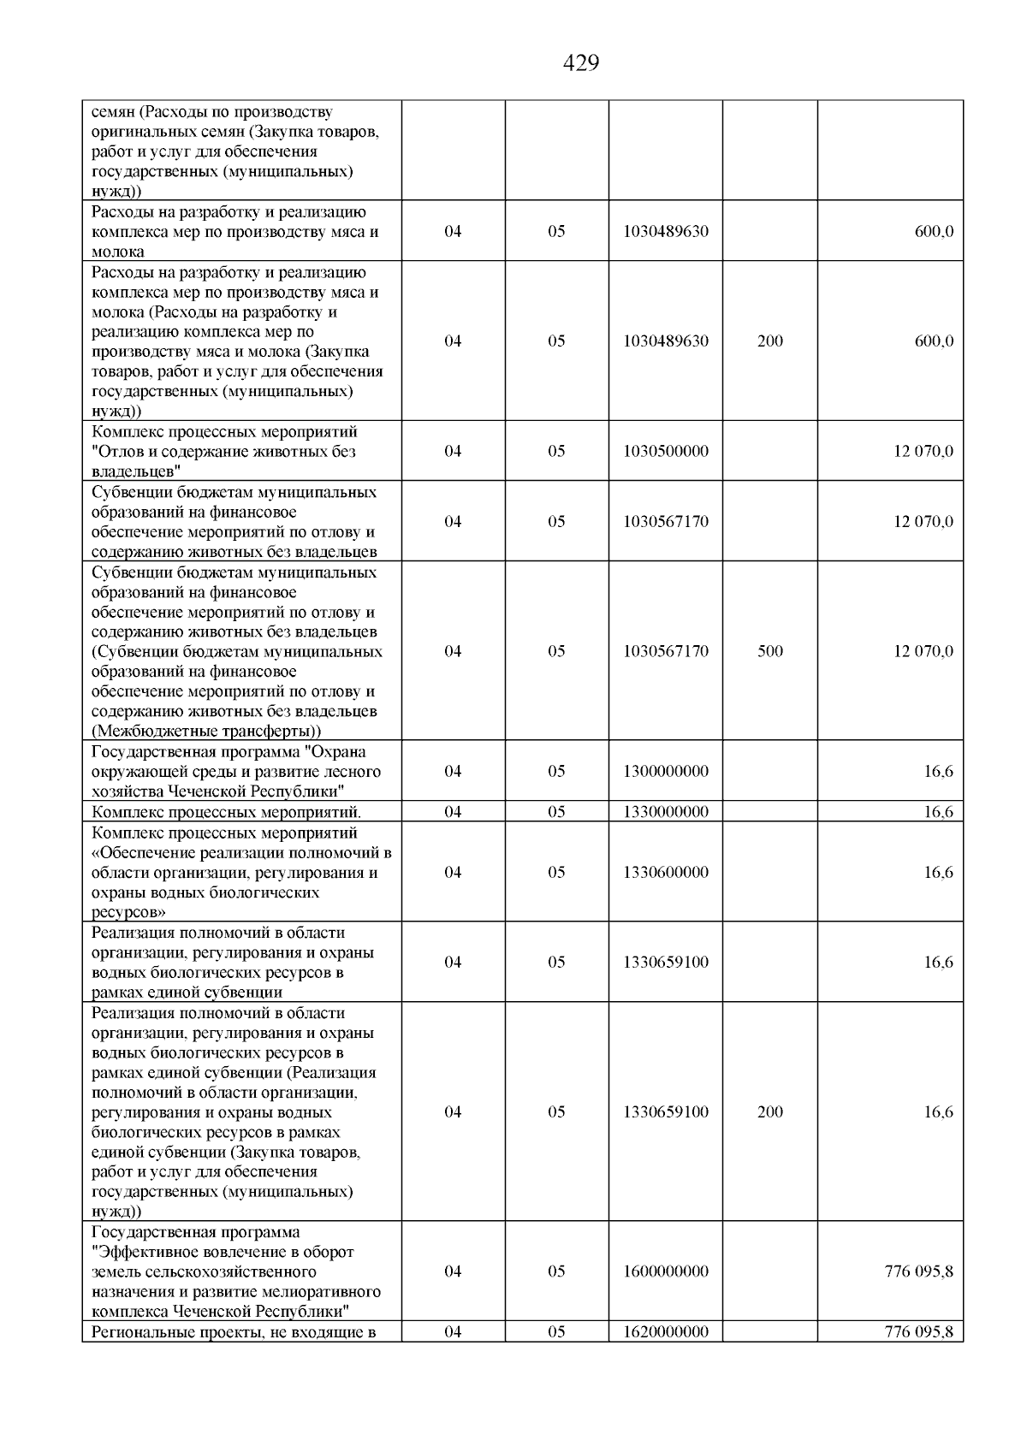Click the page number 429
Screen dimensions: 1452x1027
[581, 63]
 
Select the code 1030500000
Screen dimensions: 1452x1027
[666, 451]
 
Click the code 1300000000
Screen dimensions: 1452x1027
[666, 771]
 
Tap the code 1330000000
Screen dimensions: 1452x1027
[666, 811]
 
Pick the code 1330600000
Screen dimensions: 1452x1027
[666, 872]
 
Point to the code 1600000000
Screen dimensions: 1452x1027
[666, 1271]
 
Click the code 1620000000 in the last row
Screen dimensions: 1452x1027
[666, 1331]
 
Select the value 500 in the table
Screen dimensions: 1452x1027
[769, 651]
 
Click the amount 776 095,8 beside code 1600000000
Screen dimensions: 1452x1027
[918, 1271]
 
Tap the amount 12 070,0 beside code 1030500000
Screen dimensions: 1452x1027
[923, 451]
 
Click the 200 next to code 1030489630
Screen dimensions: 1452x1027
[769, 341]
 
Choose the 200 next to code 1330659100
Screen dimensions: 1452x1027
[769, 1112]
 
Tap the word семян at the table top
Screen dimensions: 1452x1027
[112, 112]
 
